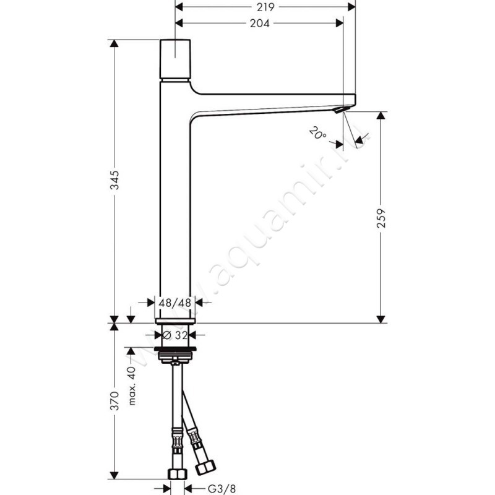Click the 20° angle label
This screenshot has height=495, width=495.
point(316,132)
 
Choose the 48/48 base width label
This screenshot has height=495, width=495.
point(176,303)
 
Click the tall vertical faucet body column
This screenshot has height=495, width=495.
point(176,204)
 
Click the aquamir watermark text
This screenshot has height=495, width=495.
point(278,217)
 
